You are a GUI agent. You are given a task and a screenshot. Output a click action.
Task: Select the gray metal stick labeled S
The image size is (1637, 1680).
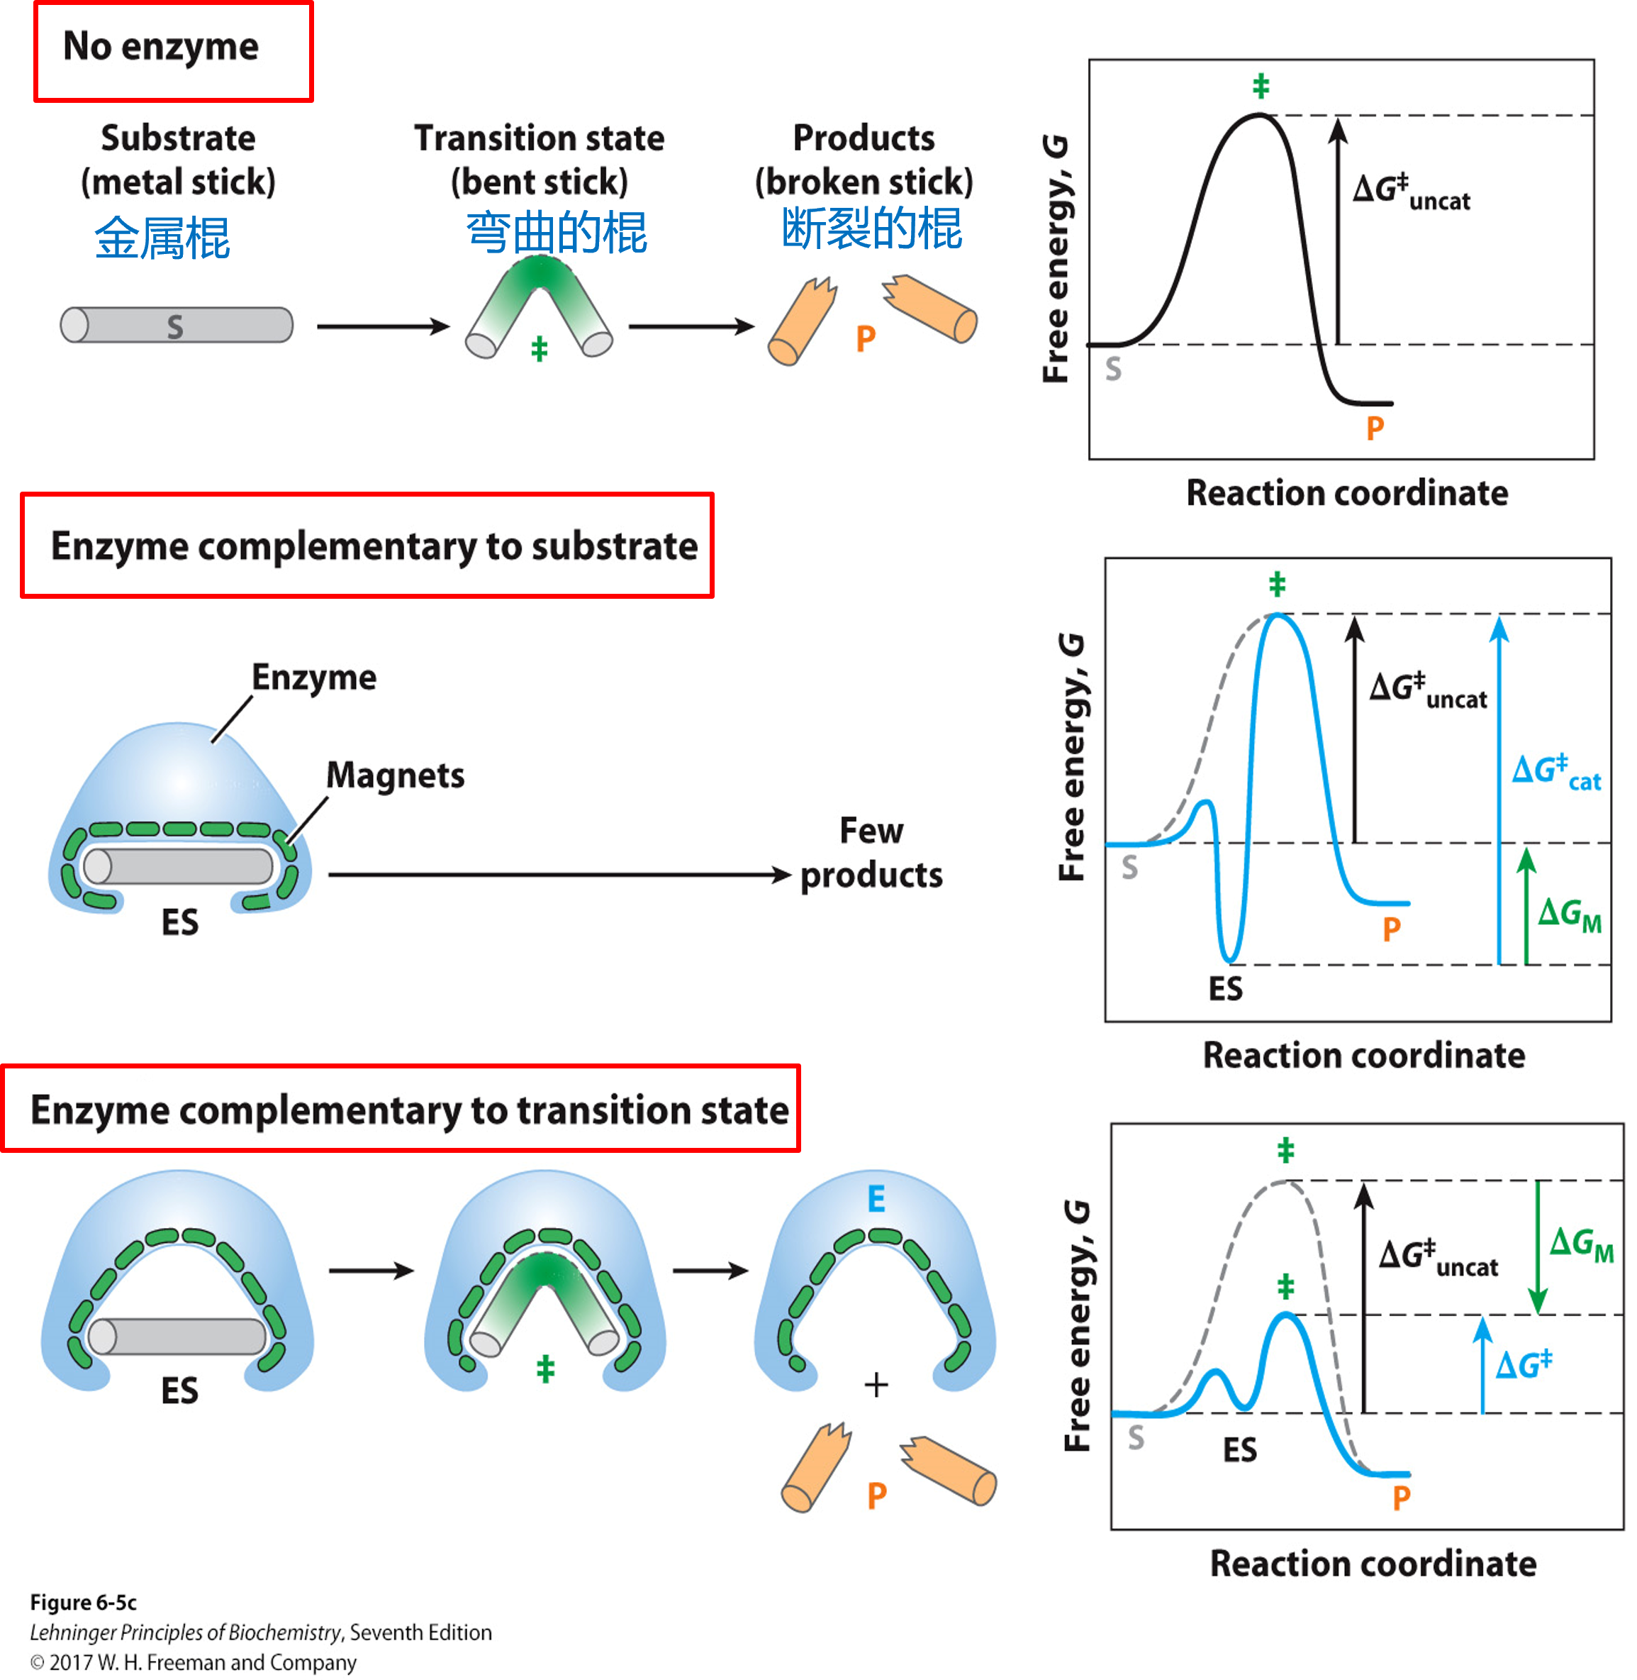pos(177,325)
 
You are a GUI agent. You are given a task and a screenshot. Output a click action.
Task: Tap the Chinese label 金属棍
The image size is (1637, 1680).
pos(162,238)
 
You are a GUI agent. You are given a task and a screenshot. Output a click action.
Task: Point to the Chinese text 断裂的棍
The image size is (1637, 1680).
pos(871,230)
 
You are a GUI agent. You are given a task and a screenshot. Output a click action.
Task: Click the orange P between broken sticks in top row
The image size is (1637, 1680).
pos(866,339)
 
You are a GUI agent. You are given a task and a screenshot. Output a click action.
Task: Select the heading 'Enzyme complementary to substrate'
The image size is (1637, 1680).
pos(374,546)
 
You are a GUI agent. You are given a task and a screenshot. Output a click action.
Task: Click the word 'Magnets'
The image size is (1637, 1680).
pos(396,775)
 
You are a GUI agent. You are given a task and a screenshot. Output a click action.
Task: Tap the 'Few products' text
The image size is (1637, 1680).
pos(871,853)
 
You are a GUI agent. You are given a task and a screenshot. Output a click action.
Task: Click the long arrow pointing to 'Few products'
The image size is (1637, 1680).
pos(559,875)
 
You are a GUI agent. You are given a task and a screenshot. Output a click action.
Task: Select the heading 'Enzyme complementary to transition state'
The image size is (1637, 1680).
pos(409,1110)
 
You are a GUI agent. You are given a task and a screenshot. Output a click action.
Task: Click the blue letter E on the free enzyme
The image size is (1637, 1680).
pos(876,1199)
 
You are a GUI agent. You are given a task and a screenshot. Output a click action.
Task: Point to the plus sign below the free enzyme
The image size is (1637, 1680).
pos(876,1385)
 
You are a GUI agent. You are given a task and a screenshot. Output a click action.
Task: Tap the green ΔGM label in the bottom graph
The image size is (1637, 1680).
pos(1580,1244)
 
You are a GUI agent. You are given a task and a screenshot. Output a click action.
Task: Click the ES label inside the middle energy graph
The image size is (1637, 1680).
pos(1225,988)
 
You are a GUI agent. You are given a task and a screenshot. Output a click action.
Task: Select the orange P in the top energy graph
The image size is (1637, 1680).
pos(1375,428)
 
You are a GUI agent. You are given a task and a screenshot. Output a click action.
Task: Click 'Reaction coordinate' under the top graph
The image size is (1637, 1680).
pos(1346,493)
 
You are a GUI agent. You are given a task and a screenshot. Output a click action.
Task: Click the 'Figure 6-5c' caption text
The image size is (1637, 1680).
pos(84,1603)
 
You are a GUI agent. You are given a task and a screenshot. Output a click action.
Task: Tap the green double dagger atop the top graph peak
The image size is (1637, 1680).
pos(1261,86)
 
